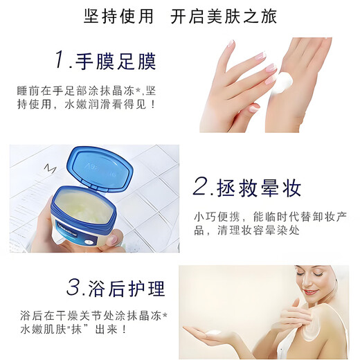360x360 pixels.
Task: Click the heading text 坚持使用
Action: (x=118, y=17)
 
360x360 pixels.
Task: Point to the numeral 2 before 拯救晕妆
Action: (x=201, y=186)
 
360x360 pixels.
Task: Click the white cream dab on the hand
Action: (x=284, y=82)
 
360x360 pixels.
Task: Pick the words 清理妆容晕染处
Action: (x=260, y=231)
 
